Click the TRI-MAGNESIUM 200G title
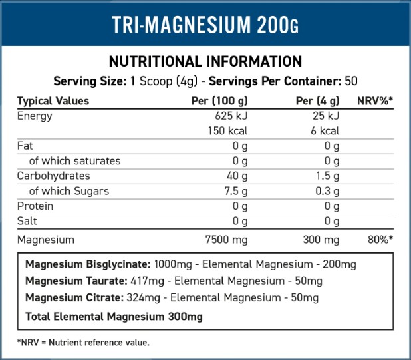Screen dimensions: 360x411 pos(205,25)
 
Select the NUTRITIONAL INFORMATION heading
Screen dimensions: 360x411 pos(205,61)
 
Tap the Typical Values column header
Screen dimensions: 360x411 pos(53,101)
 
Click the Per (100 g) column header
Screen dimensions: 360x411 pos(219,101)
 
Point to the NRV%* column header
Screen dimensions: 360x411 pos(376,101)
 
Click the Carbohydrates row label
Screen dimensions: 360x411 pos(53,176)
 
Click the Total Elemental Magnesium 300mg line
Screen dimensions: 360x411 pos(114,317)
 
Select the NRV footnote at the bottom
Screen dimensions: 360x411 pos(84,343)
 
